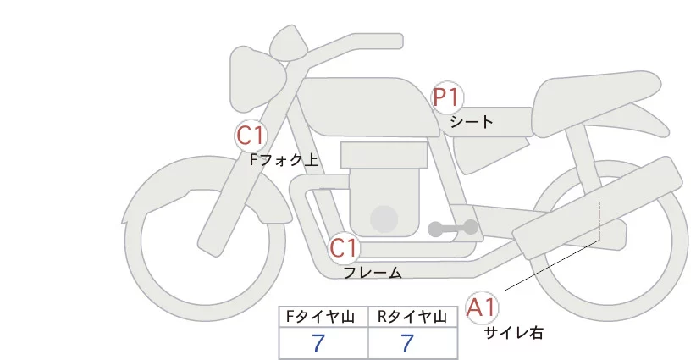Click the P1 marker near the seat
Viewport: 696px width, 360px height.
point(446,97)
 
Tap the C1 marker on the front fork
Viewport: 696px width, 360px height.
point(251,136)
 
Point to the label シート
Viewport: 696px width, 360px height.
point(472,122)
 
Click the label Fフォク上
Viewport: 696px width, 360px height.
point(284,158)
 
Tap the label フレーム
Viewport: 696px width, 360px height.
point(373,273)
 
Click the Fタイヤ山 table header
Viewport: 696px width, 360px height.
point(323,317)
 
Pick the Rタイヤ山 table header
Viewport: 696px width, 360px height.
point(412,317)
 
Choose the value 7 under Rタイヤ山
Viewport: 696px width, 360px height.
point(407,344)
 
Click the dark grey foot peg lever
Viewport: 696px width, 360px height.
point(453,228)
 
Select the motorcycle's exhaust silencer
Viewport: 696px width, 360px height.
point(593,208)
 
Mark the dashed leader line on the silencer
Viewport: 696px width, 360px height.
point(599,222)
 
